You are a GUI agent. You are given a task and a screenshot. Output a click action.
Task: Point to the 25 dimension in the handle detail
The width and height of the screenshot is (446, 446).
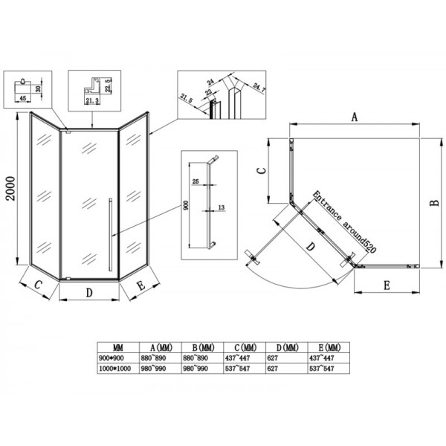click(x=195, y=181)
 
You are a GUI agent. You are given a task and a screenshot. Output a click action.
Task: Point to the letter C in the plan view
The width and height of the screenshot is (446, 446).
click(x=260, y=170)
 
